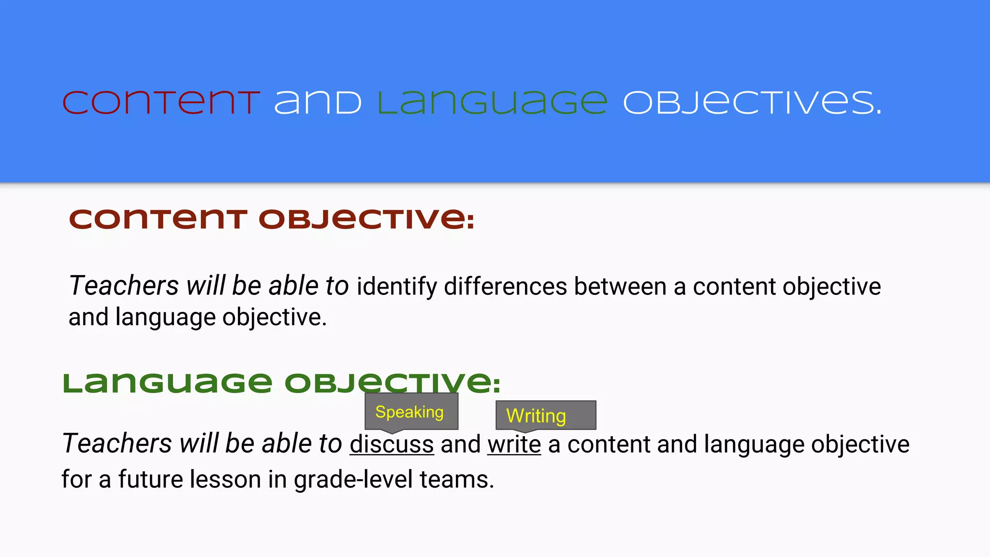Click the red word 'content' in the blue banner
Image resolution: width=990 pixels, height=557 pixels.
tap(161, 103)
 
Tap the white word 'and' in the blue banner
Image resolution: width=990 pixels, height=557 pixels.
tap(318, 103)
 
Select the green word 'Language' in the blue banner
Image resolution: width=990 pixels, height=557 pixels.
tap(492, 103)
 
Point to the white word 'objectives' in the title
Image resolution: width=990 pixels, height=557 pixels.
tap(752, 103)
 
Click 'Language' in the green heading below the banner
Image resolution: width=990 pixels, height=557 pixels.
tap(168, 383)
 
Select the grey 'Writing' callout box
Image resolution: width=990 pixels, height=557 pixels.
tap(545, 415)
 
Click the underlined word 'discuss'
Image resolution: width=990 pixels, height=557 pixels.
tap(392, 444)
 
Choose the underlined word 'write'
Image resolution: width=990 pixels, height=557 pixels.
tap(514, 444)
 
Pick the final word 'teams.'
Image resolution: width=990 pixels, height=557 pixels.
tap(457, 479)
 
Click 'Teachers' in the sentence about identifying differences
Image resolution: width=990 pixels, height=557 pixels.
tap(124, 286)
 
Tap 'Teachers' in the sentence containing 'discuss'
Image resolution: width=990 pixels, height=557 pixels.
tap(117, 443)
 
